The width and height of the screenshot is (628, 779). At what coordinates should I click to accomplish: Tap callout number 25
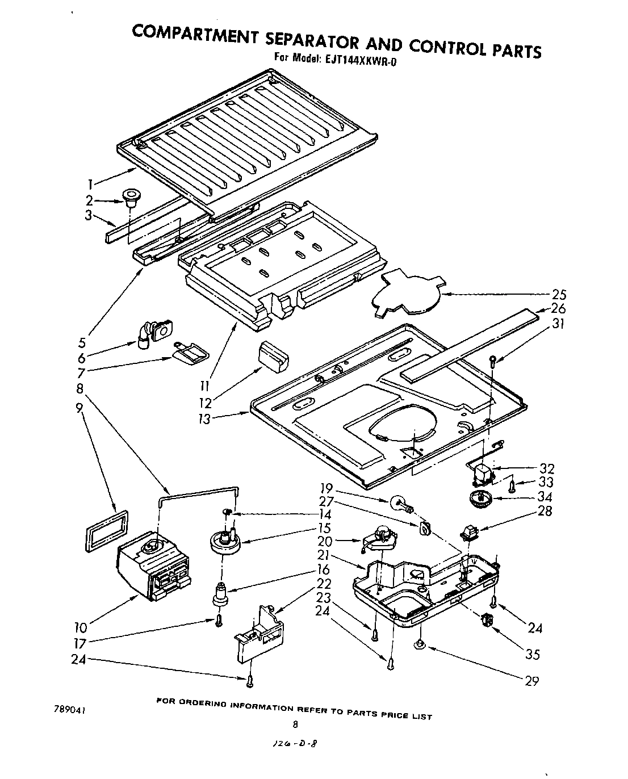[559, 295]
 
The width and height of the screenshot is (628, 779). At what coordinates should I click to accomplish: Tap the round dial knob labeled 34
[480, 500]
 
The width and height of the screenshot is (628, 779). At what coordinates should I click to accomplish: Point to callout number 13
[204, 419]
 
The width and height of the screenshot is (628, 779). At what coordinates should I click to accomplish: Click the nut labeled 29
[421, 643]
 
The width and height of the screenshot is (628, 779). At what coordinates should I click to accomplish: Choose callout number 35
[532, 655]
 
